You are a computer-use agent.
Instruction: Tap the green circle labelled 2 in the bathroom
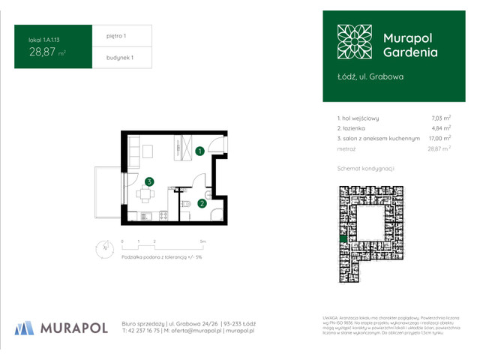(x=202, y=202)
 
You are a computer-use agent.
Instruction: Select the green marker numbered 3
(x=150, y=181)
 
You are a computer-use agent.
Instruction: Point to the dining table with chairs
(x=144, y=194)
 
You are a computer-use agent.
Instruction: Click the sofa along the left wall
(x=133, y=155)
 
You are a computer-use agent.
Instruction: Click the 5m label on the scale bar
(x=202, y=241)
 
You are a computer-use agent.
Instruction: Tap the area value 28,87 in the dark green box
(x=43, y=52)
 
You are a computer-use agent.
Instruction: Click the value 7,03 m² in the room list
(x=440, y=118)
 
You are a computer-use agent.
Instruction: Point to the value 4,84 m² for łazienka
(x=440, y=128)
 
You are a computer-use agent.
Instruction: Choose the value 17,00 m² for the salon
(x=439, y=139)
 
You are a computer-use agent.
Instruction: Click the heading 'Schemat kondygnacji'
(x=367, y=169)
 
